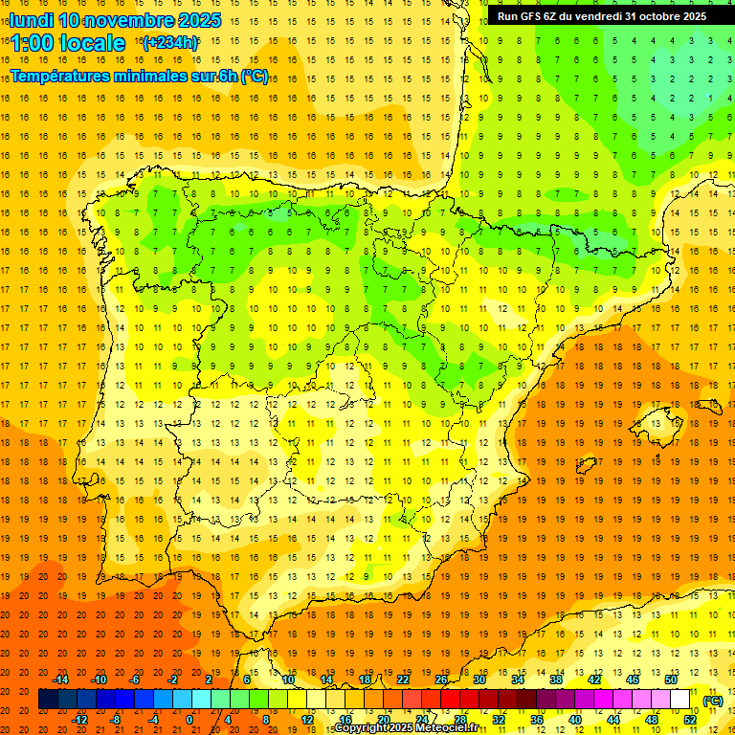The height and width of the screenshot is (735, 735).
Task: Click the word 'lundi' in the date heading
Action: coord(32,20)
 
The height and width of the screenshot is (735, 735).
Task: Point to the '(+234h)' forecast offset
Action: coord(169,42)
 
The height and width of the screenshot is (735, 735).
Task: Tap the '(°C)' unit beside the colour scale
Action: coord(712,701)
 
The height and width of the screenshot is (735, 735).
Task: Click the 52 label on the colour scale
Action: coord(690,720)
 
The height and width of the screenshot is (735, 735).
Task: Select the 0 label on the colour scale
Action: coord(189,720)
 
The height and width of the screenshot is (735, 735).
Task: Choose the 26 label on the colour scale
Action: coord(441,679)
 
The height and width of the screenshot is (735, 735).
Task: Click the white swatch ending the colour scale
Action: coord(680,700)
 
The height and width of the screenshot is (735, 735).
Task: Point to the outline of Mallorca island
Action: coord(660,419)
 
